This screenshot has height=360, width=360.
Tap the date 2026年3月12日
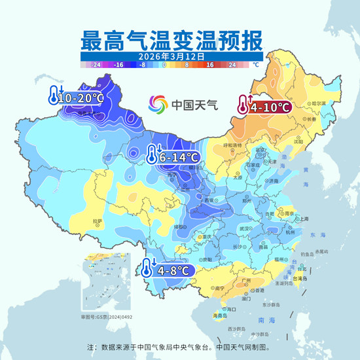[171, 56]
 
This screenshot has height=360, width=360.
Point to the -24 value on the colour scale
[96, 65]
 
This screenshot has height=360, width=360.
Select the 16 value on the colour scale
[211, 65]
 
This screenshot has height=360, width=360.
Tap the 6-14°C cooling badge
[173, 156]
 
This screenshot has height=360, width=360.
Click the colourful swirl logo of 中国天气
[158, 104]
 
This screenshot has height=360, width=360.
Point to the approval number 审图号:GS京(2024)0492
[106, 316]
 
